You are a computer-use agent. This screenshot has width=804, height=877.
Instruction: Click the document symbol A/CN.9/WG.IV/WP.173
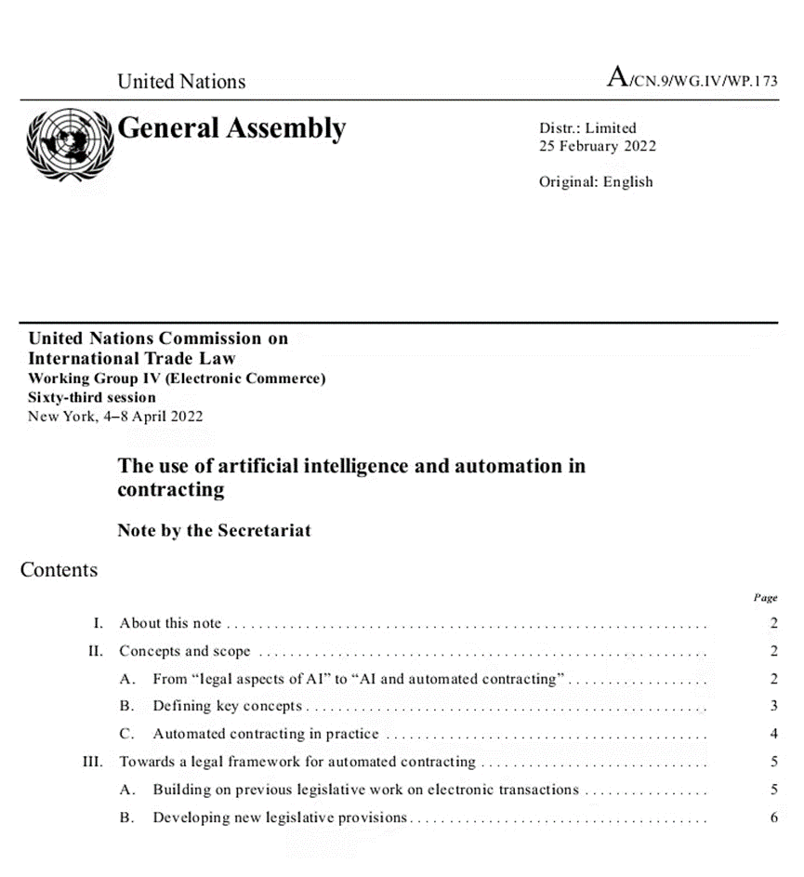click(692, 79)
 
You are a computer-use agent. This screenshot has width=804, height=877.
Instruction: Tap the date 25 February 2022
click(598, 146)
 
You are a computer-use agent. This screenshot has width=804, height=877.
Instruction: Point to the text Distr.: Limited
click(587, 128)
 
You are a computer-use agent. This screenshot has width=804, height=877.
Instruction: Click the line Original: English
click(596, 181)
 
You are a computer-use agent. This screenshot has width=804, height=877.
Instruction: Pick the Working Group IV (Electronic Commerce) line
click(177, 379)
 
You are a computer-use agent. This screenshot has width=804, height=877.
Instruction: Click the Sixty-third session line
click(92, 397)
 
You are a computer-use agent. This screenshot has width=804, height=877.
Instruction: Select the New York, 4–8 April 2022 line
click(115, 416)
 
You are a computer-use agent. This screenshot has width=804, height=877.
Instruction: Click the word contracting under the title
click(171, 490)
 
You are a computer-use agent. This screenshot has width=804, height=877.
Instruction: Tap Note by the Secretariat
click(214, 531)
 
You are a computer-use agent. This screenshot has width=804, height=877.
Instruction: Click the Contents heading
click(59, 569)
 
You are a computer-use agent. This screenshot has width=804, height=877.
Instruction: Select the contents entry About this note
click(171, 623)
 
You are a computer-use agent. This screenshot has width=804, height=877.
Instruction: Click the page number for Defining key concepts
click(773, 707)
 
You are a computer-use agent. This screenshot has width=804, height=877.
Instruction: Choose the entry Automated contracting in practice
click(267, 735)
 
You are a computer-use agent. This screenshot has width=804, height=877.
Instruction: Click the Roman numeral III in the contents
click(92, 763)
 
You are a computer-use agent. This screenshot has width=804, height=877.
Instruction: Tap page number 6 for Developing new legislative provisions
click(773, 818)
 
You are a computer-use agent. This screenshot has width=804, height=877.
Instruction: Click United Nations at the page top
click(181, 81)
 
